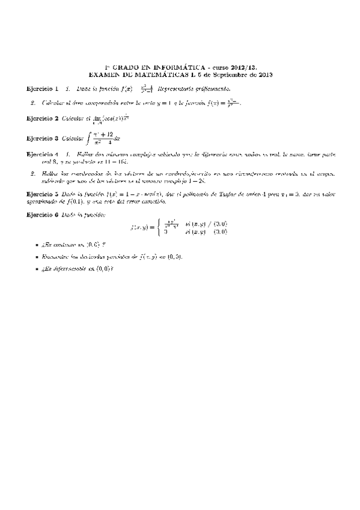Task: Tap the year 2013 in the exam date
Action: click(x=265, y=75)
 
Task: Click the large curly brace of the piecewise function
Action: click(x=159, y=227)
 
